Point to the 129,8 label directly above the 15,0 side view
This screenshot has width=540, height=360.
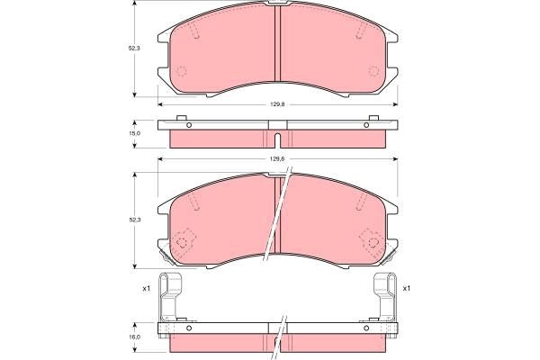(x=277, y=105)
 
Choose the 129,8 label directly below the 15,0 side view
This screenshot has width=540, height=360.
(x=277, y=159)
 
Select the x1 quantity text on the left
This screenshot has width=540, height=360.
(x=146, y=288)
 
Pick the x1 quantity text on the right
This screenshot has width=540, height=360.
(x=407, y=288)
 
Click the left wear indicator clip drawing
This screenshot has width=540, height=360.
(x=173, y=296)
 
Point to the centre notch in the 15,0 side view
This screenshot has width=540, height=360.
(x=277, y=139)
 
